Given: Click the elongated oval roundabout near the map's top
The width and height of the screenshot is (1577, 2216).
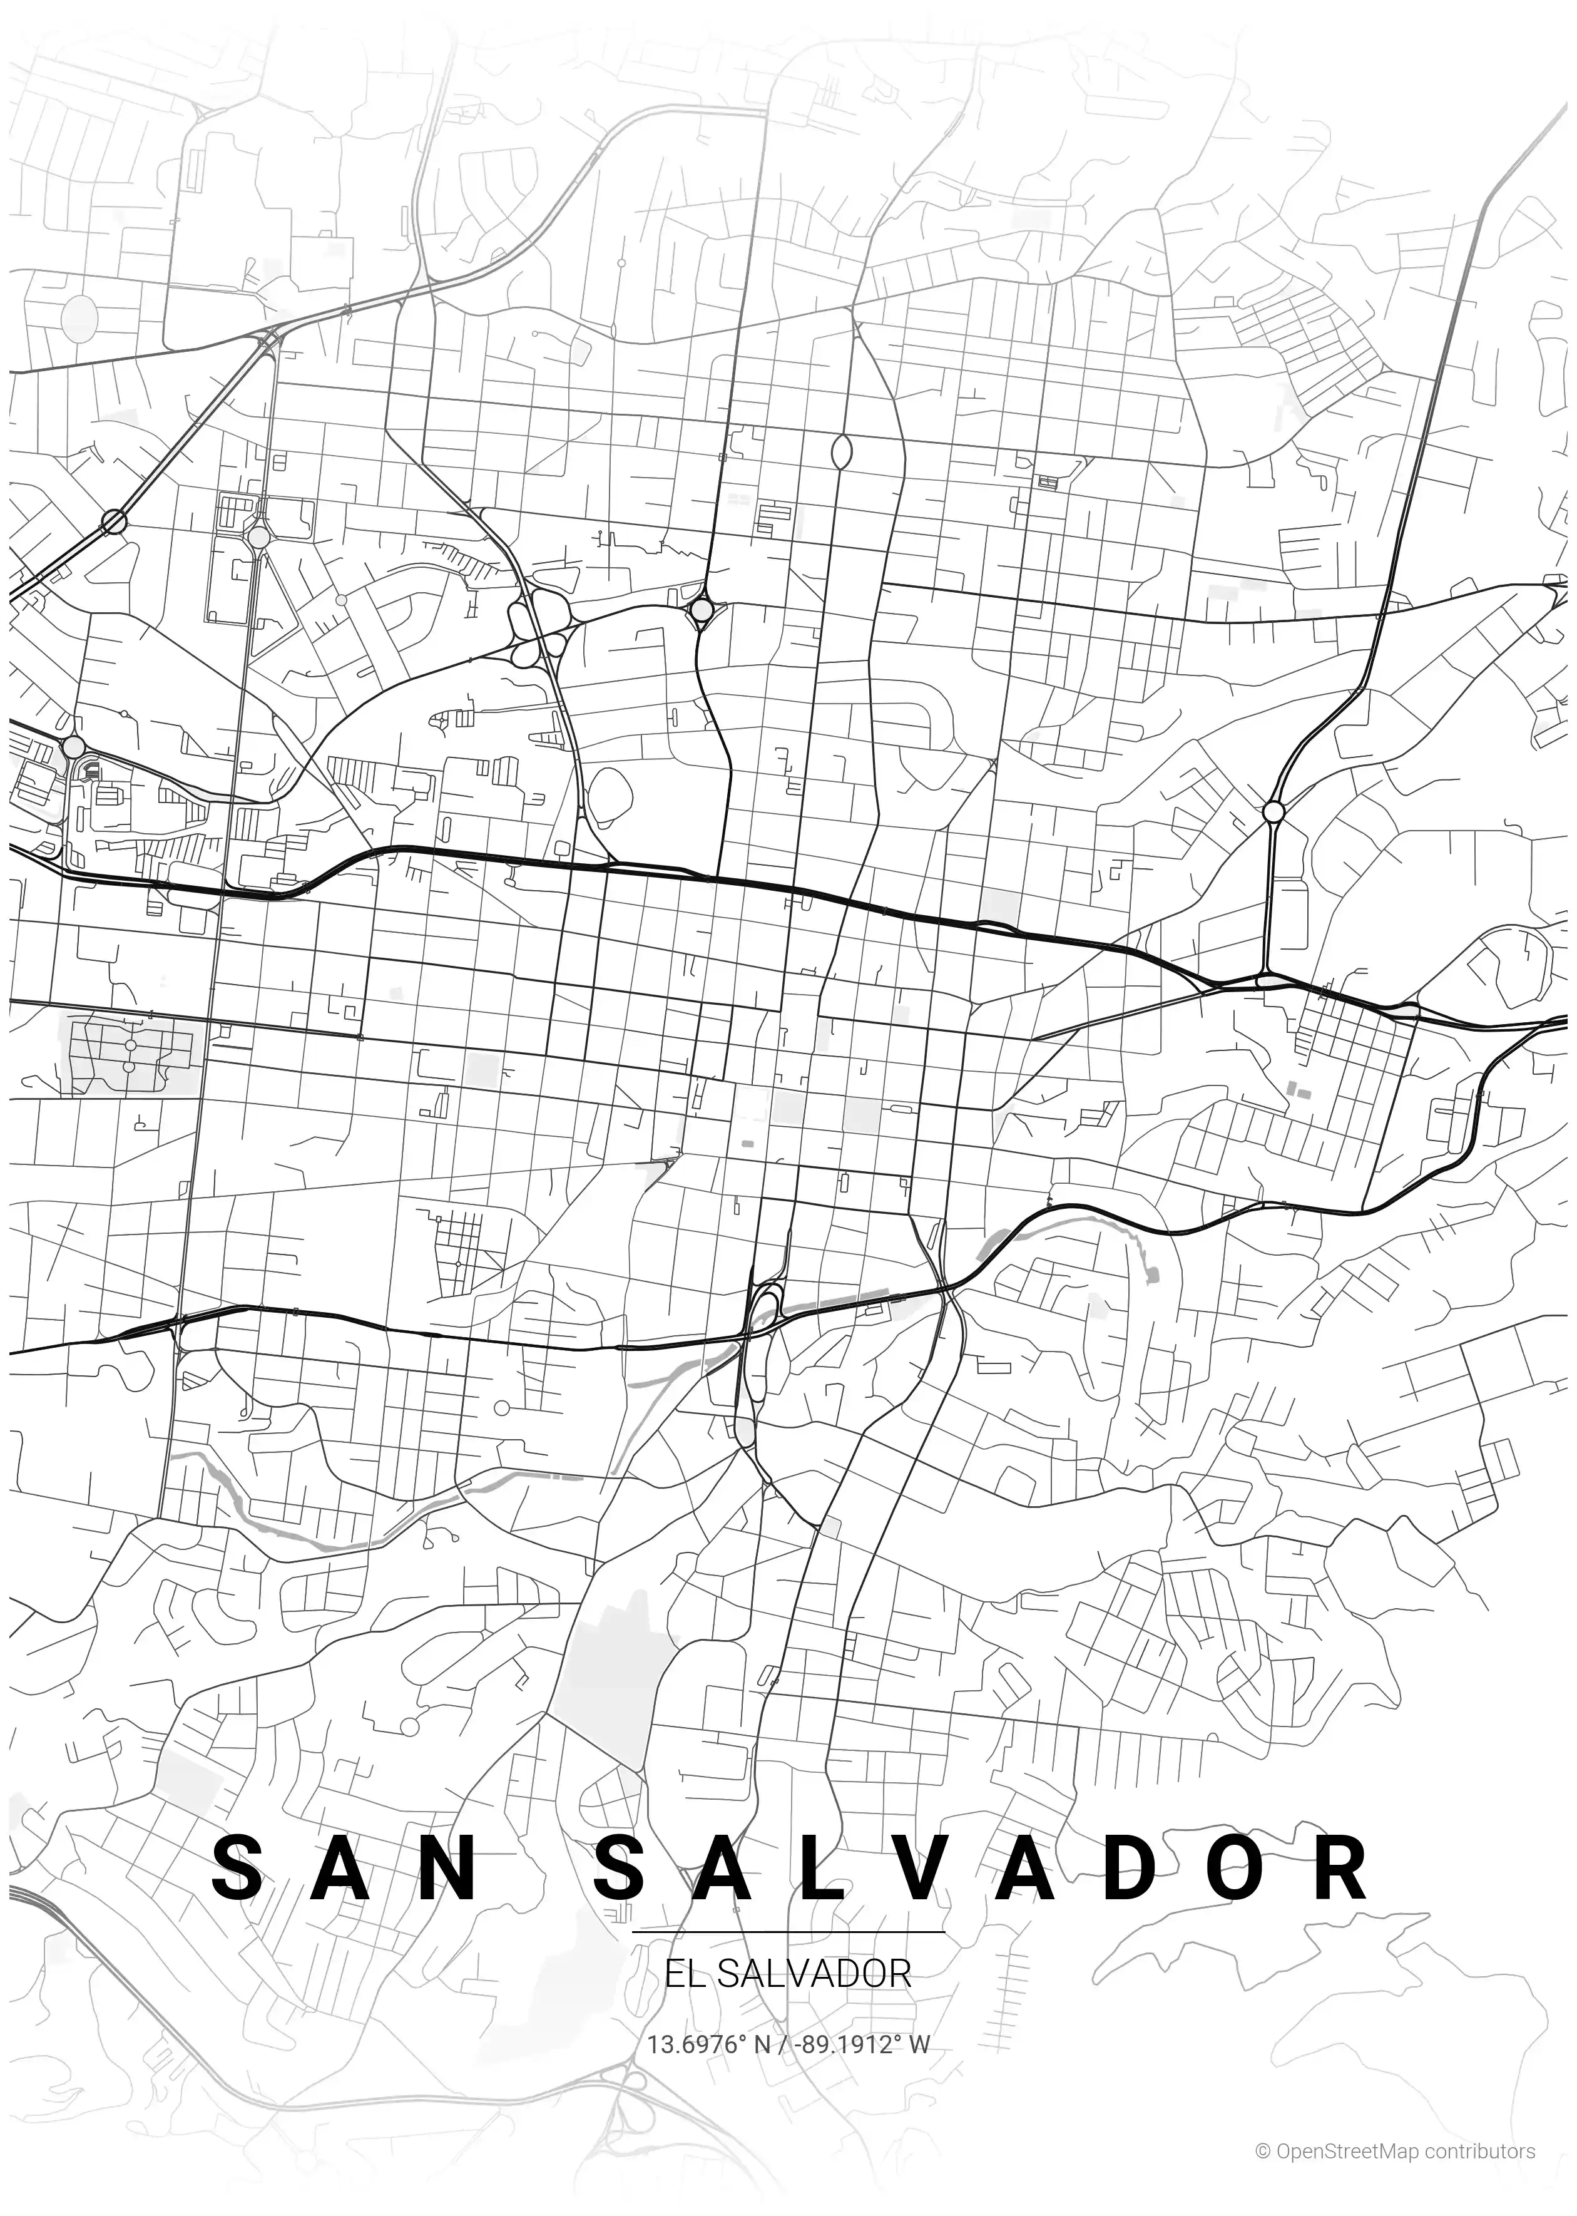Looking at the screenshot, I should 842,451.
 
